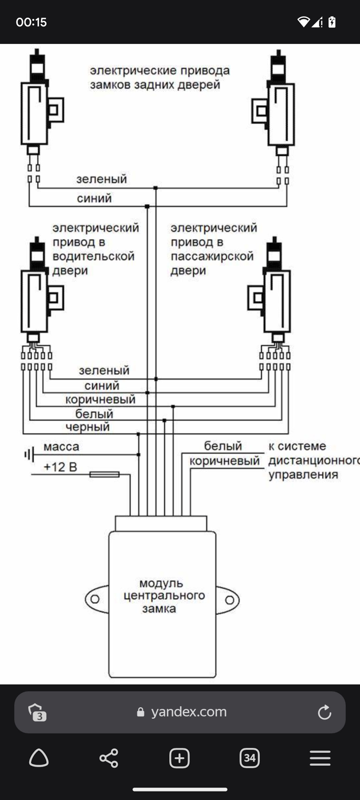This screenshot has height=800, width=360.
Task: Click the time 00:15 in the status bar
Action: pyautogui.click(x=31, y=22)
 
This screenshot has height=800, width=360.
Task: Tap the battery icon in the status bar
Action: pyautogui.click(x=332, y=22)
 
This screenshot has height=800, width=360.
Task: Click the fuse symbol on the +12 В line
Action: pyautogui.click(x=105, y=474)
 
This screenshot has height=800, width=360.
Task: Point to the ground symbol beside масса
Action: pyautogui.click(x=29, y=454)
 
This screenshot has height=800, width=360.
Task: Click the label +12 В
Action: pyautogui.click(x=60, y=467)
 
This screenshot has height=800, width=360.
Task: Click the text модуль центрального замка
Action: pyautogui.click(x=162, y=596)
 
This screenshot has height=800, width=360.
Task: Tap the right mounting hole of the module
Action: pyautogui.click(x=230, y=600)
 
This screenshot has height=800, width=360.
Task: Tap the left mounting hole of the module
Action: pyautogui.click(x=95, y=599)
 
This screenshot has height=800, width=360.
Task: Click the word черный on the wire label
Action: pyautogui.click(x=87, y=427)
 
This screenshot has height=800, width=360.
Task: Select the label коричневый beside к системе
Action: pyautogui.click(x=224, y=461)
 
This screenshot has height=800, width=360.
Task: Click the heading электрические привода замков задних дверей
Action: pyautogui.click(x=160, y=77)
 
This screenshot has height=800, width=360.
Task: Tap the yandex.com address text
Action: pyautogui.click(x=189, y=712)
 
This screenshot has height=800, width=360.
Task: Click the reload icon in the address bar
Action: pyautogui.click(x=324, y=712)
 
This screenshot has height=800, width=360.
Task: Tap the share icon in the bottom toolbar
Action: pyautogui.click(x=109, y=758)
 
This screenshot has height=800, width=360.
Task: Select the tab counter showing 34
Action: pyautogui.click(x=250, y=758)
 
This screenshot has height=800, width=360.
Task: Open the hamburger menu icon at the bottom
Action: pyautogui.click(x=320, y=758)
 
